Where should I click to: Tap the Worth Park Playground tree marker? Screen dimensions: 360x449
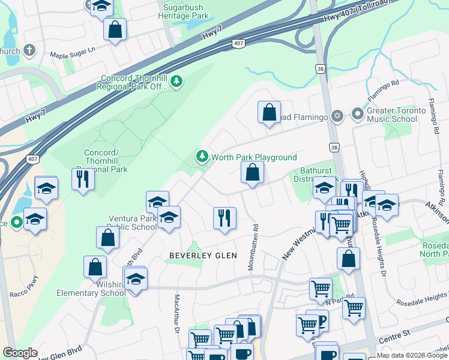coord(202,157)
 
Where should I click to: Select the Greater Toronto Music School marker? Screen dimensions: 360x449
coord(358,114)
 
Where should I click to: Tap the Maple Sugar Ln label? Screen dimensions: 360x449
coord(73,55)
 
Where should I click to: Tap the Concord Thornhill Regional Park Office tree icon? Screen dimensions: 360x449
coord(176,81)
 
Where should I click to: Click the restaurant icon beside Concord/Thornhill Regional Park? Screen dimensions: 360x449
coord(83,179)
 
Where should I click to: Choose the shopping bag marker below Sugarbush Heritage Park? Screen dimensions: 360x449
coord(115,29)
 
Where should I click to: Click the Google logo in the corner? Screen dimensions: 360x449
coord(20,353)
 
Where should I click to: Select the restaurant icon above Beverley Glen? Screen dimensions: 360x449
coord(225,218)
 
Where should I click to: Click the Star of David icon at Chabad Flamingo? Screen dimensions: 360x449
coord(337,115)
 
